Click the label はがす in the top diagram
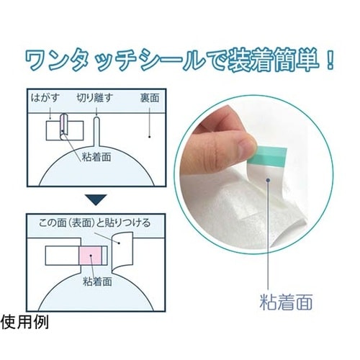coord(45,98)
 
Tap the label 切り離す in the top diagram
coord(94,98)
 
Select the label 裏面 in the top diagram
coord(150,98)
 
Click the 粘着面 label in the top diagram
coord(96,157)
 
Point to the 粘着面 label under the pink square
coord(97,281)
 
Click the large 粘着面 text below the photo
coord(286,302)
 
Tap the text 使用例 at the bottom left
coord(24,322)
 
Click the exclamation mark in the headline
coord(330,61)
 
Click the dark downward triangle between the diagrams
coord(96,199)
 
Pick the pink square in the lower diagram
coord(91,256)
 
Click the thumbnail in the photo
coord(246,144)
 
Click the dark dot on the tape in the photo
coord(268,180)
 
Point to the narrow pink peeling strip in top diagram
coord(63,125)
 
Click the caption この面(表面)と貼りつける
coord(94,222)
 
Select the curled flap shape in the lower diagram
coord(122,252)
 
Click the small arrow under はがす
coord(50,113)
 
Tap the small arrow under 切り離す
coord(96,112)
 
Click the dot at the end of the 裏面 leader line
coord(149,137)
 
